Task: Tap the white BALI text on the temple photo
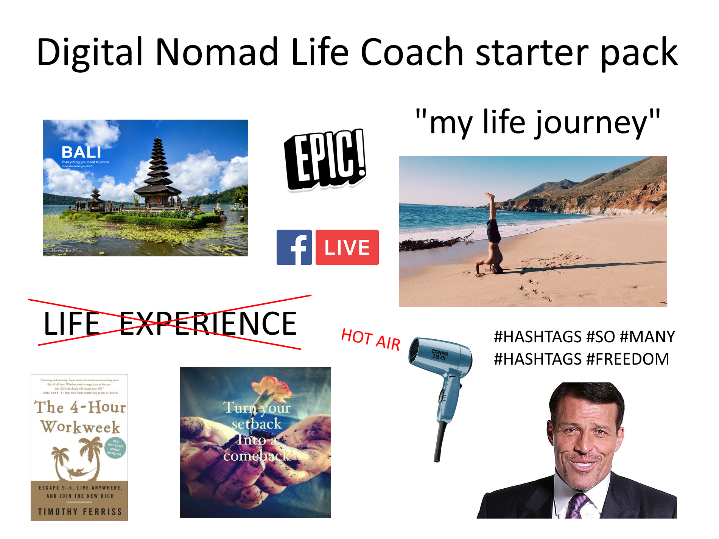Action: tap(81, 152)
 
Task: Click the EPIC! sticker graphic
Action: tap(325, 159)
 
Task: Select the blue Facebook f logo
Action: tap(294, 247)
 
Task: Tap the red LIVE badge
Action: tap(347, 247)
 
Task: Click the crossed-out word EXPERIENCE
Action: tap(208, 324)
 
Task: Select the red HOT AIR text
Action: tap(370, 340)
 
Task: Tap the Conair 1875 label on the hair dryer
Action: tap(440, 354)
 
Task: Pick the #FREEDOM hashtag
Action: tap(628, 359)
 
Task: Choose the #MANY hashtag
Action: tap(647, 337)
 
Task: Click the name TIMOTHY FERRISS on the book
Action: tap(80, 512)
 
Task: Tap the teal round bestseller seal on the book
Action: tap(115, 447)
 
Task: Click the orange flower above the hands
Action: tap(272, 390)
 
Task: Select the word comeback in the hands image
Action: tap(256, 456)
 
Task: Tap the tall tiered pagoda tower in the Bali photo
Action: tap(158, 166)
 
